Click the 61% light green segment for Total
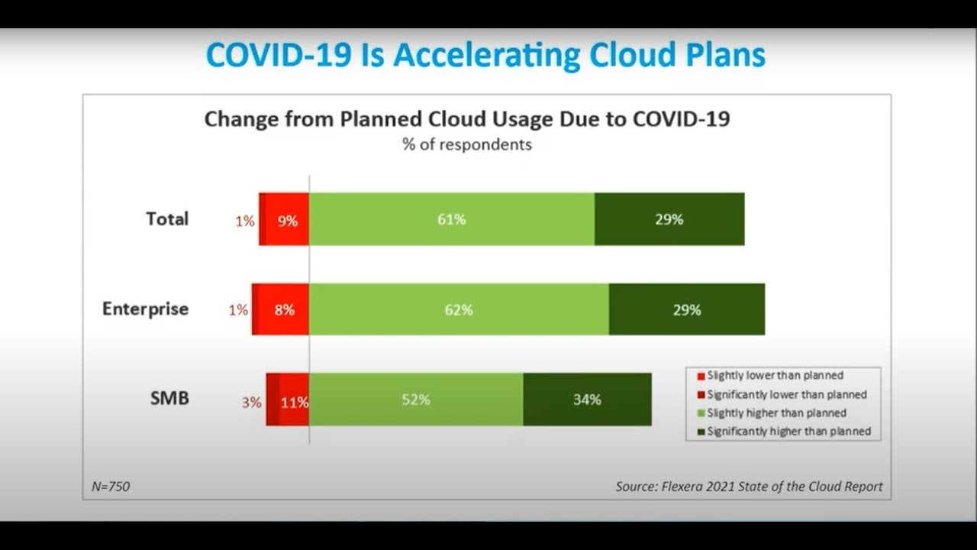tap(451, 219)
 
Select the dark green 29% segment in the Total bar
tap(669, 219)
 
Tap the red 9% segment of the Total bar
tap(287, 219)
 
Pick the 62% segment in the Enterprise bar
tap(459, 309)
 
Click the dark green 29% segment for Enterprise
tap(687, 309)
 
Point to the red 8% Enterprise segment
tap(283, 309)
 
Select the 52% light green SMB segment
tap(416, 400)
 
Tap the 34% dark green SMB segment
tap(588, 400)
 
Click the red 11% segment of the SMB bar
tap(295, 400)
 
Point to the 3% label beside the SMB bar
tap(252, 402)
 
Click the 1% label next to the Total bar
tap(245, 222)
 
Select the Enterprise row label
tap(145, 309)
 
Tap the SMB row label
tap(169, 398)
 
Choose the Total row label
tap(167, 218)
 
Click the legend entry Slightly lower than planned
tap(770, 375)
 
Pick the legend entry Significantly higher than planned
tap(784, 432)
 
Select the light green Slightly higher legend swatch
tap(701, 413)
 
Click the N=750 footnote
tap(111, 487)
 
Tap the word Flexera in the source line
tap(681, 487)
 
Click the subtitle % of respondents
tap(467, 144)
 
